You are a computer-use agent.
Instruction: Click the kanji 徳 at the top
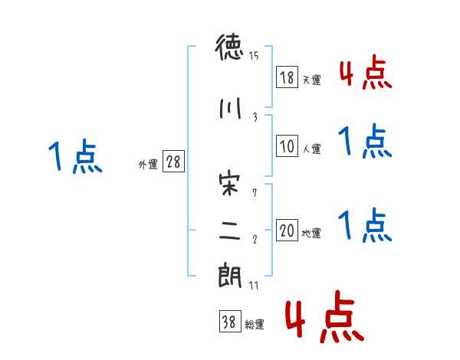coord(229,51)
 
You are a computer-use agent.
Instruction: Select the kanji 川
coord(229,109)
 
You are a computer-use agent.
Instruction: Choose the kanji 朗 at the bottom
coord(229,275)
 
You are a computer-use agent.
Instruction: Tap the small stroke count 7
coord(255,192)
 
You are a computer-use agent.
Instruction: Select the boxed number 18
coord(287,77)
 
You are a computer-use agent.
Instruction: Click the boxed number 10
coord(287,147)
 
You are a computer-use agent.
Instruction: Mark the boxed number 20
coord(287,231)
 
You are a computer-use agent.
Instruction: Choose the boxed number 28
coord(174,162)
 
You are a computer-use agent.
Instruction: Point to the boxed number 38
coord(228,322)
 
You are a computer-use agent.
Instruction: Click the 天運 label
coord(311,80)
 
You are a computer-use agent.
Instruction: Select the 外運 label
coord(147,164)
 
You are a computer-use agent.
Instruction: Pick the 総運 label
coord(254,325)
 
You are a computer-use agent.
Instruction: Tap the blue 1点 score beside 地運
coord(365,226)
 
